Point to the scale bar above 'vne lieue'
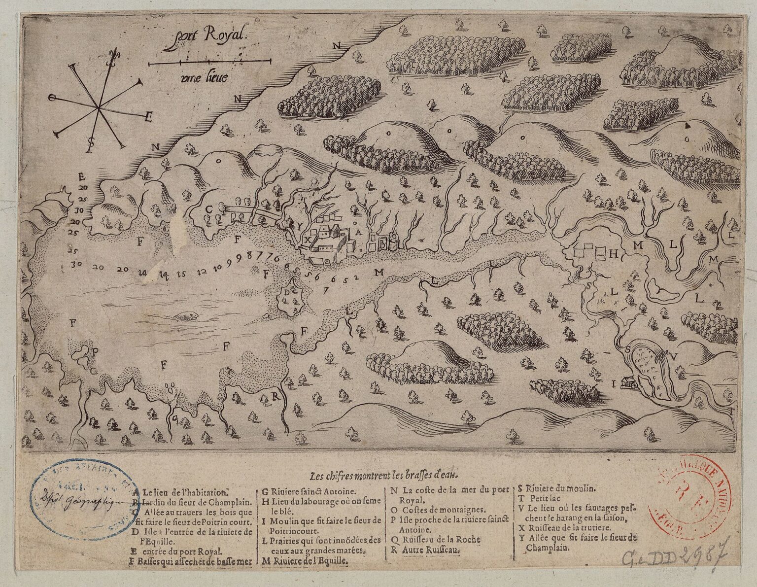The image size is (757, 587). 210,63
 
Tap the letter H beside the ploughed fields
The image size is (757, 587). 614,254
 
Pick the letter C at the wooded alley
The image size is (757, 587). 209,209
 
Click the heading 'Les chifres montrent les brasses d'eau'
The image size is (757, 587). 384,476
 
